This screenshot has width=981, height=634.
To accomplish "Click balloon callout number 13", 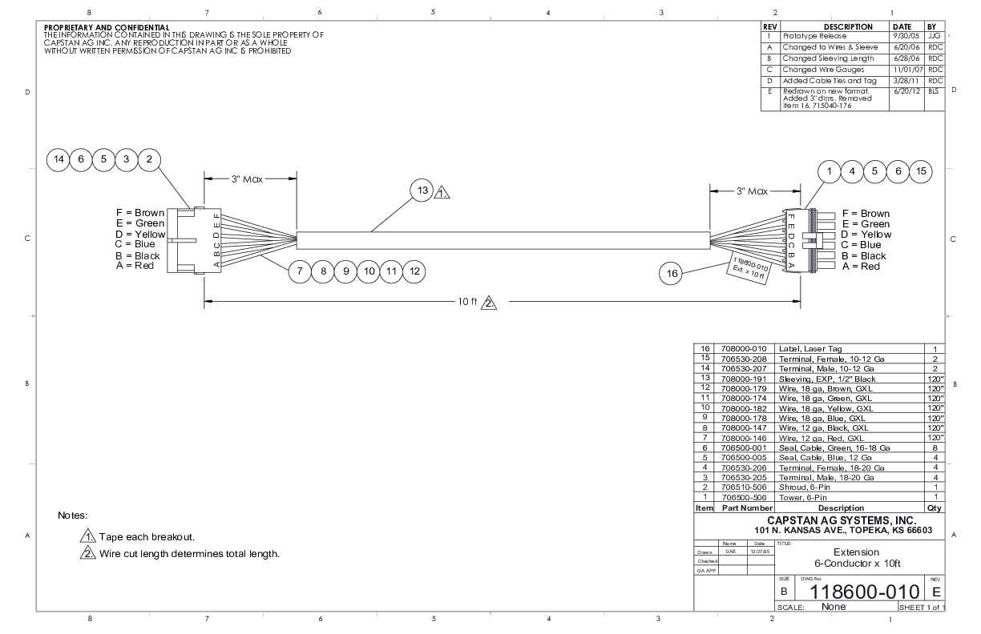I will click(422, 191).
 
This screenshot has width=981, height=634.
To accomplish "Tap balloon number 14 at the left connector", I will click(59, 159).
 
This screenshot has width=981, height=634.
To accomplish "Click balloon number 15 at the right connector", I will click(921, 171).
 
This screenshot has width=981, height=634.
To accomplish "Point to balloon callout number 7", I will click(300, 271).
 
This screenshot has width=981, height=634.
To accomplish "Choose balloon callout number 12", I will click(414, 271).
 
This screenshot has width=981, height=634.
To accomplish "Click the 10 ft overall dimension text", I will click(468, 302).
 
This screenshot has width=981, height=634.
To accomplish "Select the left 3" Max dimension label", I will click(248, 179).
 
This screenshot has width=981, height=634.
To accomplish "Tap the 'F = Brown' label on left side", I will click(140, 213).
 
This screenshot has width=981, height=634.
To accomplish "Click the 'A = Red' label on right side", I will click(861, 266).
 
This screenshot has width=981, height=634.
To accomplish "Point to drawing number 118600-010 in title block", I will click(856, 593).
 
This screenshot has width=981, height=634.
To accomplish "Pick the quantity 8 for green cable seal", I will click(935, 448).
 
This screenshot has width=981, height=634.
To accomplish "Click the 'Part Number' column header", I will click(746, 508).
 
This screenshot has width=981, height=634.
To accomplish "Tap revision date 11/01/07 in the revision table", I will click(906, 70).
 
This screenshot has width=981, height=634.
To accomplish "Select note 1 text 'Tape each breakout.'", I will click(147, 536).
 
